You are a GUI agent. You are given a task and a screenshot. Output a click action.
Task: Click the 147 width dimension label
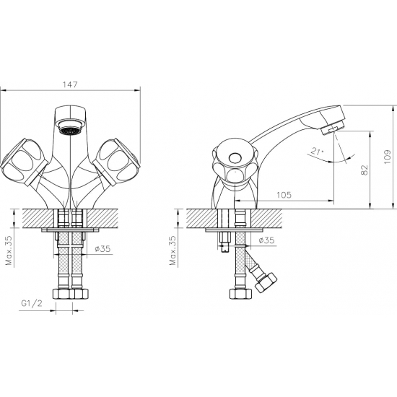tap(70, 84)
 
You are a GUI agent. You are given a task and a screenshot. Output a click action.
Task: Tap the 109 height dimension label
tap(388, 157)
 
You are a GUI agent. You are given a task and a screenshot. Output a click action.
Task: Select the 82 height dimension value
tap(364, 170)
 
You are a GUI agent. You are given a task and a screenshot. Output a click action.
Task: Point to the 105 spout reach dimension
tap(284, 195)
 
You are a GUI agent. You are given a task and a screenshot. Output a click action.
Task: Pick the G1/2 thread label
tap(32, 303)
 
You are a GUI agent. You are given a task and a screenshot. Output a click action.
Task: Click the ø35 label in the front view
tap(102, 248)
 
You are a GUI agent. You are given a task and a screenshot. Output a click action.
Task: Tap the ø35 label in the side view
tap(266, 240)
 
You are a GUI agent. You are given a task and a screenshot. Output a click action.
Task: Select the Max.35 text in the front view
tap(9, 250)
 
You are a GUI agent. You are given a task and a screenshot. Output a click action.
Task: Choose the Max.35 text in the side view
tap(173, 250)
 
